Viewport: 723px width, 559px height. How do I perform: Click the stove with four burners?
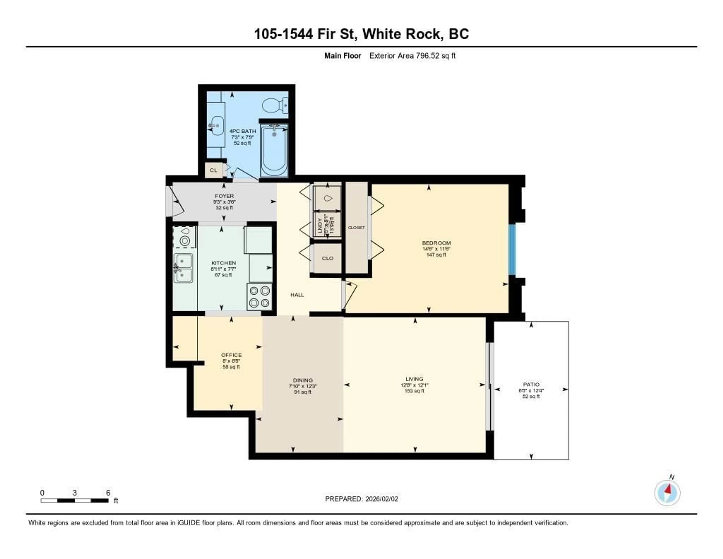259,297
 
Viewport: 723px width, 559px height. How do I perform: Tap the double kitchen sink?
183,268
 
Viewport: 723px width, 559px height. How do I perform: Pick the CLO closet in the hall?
327,258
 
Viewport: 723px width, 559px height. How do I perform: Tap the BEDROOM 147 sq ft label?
436,249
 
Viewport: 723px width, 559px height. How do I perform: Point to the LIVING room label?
414,379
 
